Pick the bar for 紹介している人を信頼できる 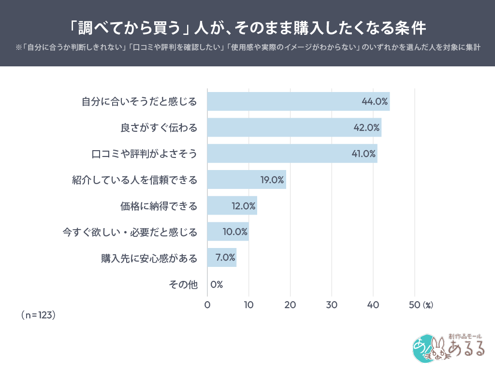[247, 180]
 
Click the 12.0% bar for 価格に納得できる [232, 205]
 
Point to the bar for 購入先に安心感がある [221, 258]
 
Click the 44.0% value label [375, 102]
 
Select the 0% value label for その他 [217, 284]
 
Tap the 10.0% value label [235, 232]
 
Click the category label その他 [183, 284]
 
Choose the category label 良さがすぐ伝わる [159, 128]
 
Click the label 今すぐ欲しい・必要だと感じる [131, 232]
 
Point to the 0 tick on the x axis [207, 305]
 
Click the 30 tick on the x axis [332, 305]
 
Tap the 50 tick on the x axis [414, 305]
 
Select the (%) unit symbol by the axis [428, 305]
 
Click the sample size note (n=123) [38, 315]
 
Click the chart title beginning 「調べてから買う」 [247, 27]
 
